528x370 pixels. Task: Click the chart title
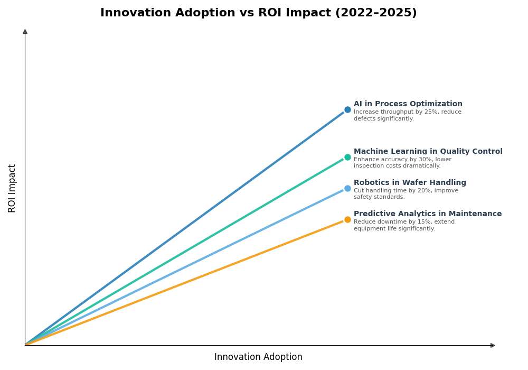pos(258,13)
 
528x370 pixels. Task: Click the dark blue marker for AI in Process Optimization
pos(347,110)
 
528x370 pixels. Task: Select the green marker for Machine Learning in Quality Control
pos(347,157)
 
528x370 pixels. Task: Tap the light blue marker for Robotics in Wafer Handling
pos(347,188)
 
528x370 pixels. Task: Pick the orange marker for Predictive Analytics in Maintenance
pos(347,220)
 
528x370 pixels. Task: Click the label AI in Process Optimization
pos(408,104)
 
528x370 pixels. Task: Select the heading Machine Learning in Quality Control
pos(428,152)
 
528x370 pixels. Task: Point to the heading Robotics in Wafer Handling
pos(410,183)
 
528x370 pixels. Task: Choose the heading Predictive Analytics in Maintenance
pos(428,214)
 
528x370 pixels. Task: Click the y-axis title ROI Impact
pos(12,188)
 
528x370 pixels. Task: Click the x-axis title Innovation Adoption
pos(258,357)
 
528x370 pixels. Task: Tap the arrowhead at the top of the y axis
pos(25,32)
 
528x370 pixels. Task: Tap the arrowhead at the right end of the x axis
pos(493,345)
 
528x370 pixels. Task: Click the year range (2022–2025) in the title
pos(375,13)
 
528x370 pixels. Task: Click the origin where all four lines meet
pos(25,345)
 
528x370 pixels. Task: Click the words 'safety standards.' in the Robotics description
pos(379,197)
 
